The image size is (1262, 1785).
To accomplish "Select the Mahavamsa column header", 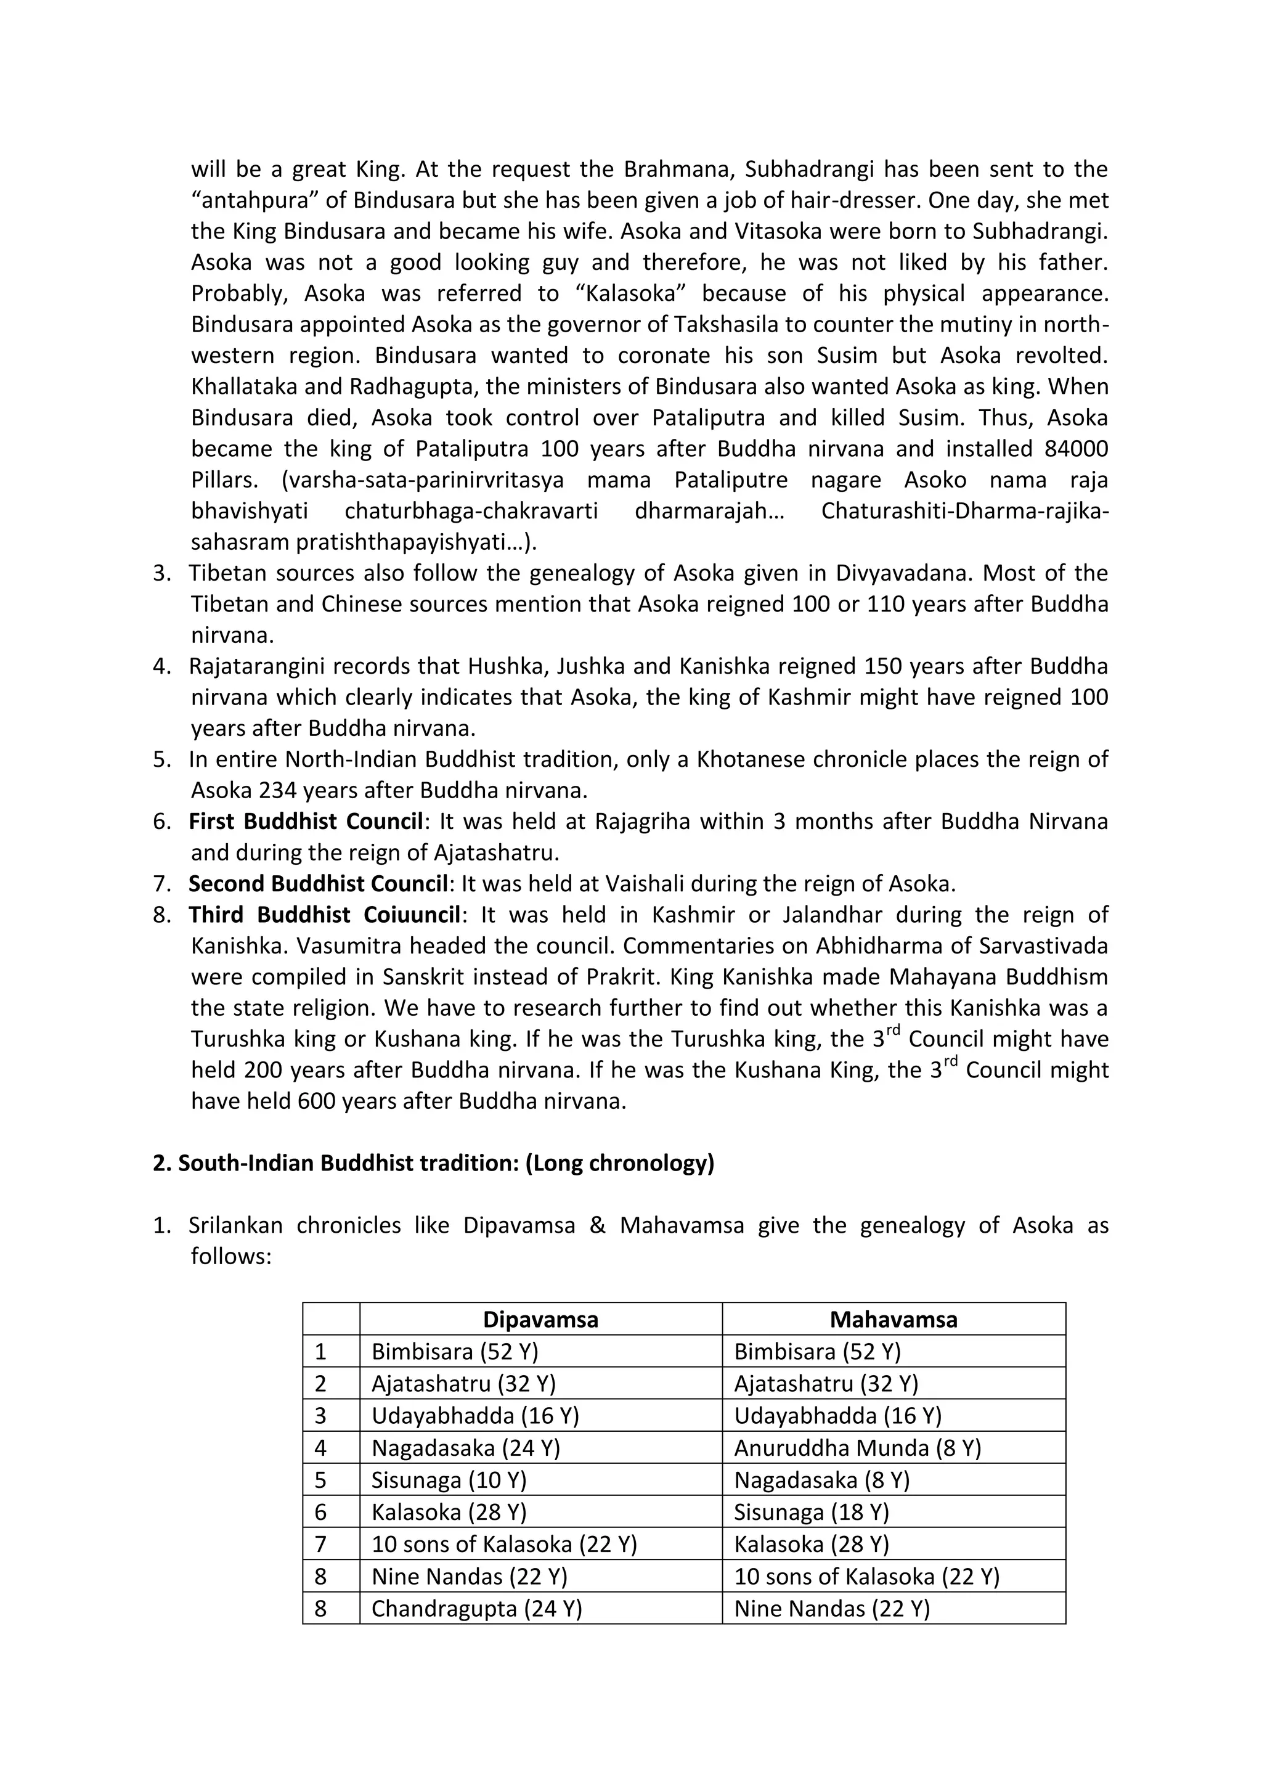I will tap(893, 1319).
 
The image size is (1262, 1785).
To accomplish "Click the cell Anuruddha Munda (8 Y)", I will tap(857, 1448).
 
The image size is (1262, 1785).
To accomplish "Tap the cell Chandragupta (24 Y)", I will tap(476, 1607).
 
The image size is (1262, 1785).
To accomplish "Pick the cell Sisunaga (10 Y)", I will tap(449, 1479).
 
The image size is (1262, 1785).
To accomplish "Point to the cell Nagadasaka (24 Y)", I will tap(465, 1448).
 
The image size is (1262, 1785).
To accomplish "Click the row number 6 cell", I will tap(320, 1511).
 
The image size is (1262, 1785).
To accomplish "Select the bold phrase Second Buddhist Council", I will tap(319, 884).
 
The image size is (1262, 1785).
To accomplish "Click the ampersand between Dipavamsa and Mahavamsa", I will tap(597, 1226).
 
